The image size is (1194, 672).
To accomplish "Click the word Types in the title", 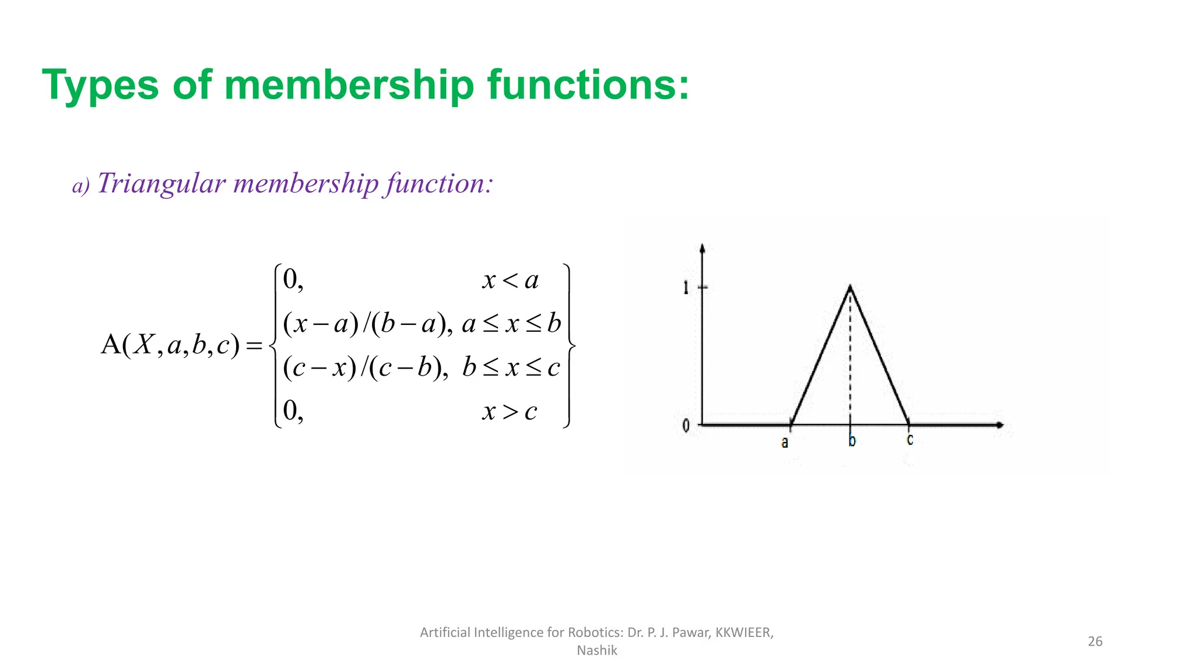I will pos(100,86).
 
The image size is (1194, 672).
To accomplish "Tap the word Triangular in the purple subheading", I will pos(161,183).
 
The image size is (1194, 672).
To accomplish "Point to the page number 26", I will pos(1095,641).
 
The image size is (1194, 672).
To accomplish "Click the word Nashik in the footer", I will pos(596,650).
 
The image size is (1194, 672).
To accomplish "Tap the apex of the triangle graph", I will pos(850,286).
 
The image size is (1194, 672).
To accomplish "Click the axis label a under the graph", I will pos(785,443).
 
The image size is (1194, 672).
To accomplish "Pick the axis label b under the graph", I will pos(852,441).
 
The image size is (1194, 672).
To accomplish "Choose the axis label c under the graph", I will pos(909,439).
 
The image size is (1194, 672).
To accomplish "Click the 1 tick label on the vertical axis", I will pos(686,287).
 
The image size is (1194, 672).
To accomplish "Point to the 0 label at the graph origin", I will pos(686,426).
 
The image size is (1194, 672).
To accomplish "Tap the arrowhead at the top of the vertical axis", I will pos(702,249).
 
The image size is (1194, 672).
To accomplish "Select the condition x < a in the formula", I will pos(510,281).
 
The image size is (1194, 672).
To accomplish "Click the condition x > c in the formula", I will pos(510,412).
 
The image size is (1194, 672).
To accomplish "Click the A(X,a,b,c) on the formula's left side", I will pos(170,345).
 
